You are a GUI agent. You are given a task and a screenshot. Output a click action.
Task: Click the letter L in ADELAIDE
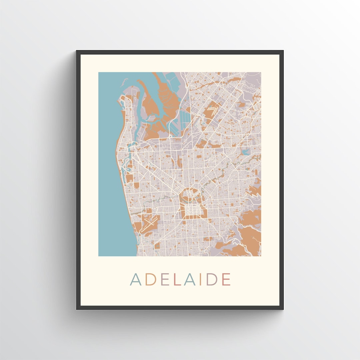tap(177, 279)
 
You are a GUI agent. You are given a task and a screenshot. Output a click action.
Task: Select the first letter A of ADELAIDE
tap(136, 279)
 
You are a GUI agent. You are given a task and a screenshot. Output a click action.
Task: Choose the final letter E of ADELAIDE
tap(226, 279)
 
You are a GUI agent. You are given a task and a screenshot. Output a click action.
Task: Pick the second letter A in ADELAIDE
tap(189, 279)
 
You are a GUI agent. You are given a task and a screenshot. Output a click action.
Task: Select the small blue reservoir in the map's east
tap(246, 152)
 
